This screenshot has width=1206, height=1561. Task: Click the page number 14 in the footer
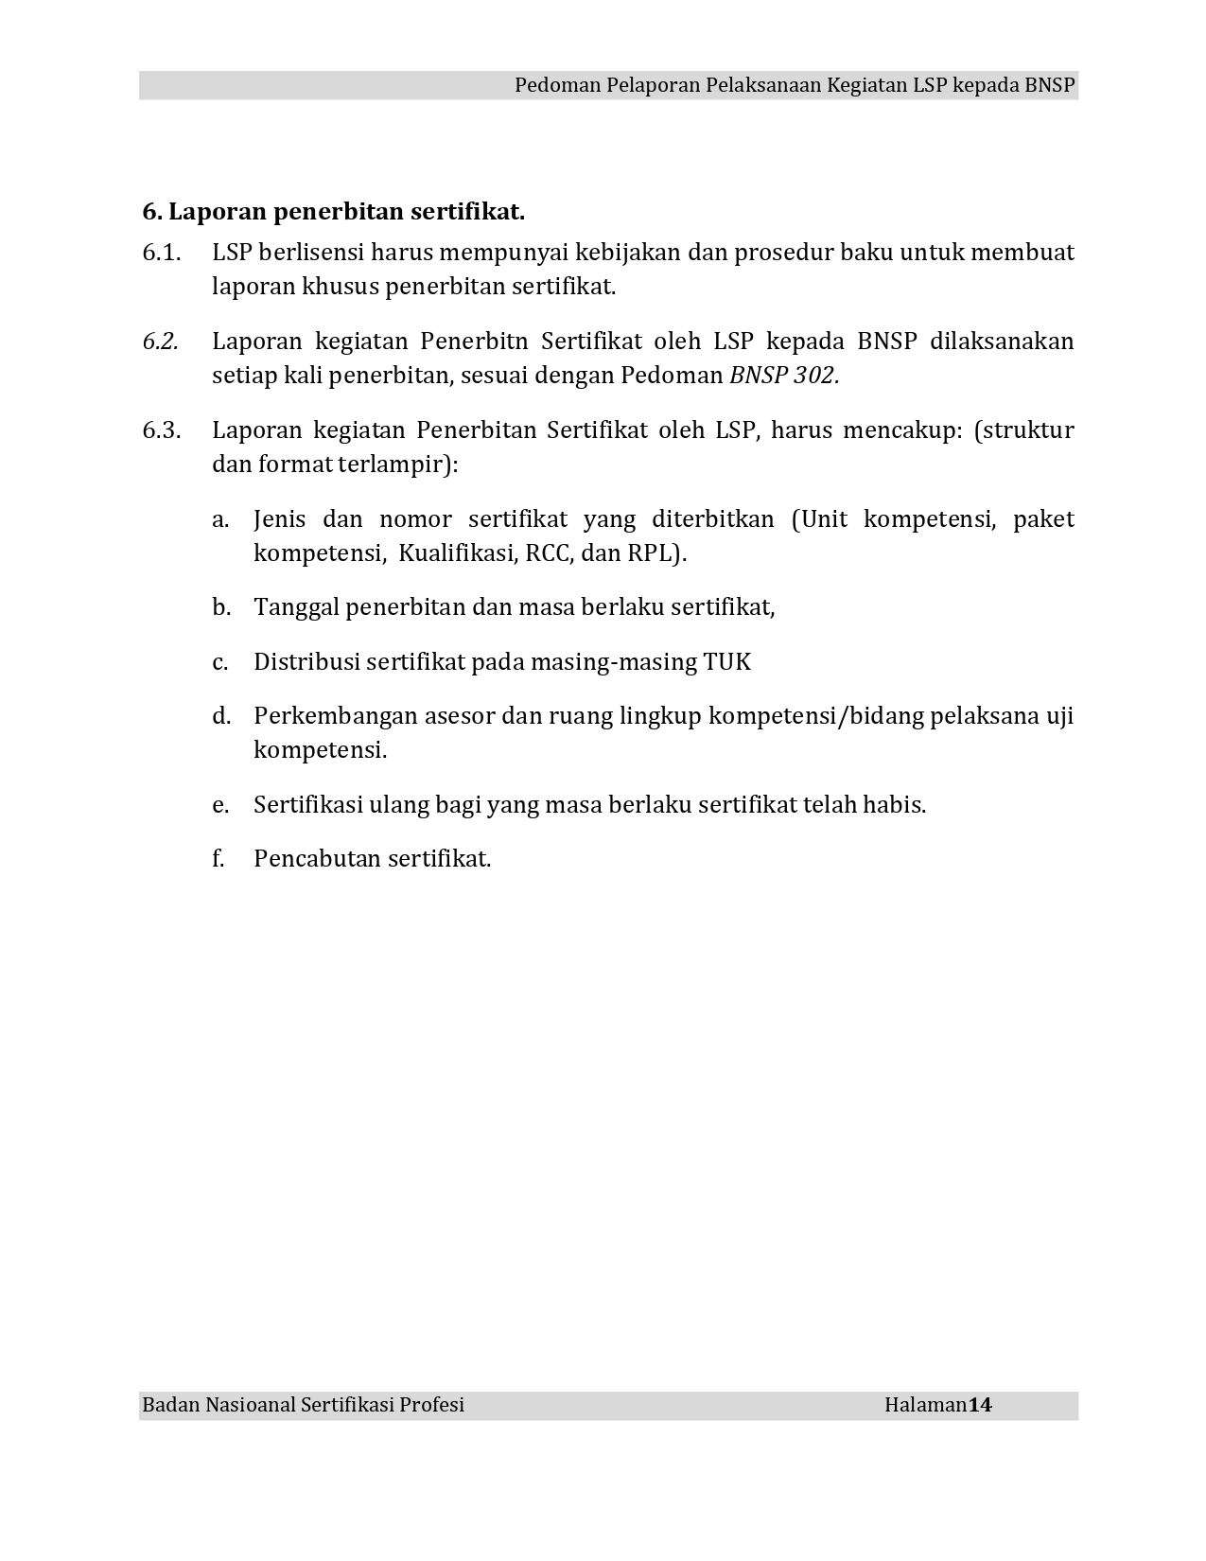click(x=980, y=1405)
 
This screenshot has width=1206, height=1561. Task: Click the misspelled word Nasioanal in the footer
click(x=250, y=1405)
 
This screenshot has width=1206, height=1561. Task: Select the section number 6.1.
click(x=161, y=253)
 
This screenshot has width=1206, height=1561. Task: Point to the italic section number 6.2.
click(x=161, y=342)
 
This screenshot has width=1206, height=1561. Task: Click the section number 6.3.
click(x=161, y=430)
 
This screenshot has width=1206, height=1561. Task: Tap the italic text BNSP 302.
click(x=784, y=376)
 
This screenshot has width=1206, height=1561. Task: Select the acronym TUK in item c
click(x=727, y=662)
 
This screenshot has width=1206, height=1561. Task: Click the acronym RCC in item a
click(x=548, y=553)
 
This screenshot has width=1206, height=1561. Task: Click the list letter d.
click(x=221, y=716)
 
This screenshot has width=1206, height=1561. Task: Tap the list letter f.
click(x=218, y=859)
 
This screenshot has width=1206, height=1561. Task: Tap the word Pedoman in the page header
click(x=551, y=85)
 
